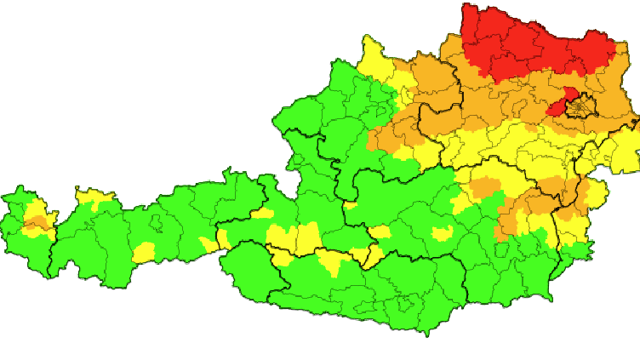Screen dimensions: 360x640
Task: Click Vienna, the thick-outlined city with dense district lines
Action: (583, 106)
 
